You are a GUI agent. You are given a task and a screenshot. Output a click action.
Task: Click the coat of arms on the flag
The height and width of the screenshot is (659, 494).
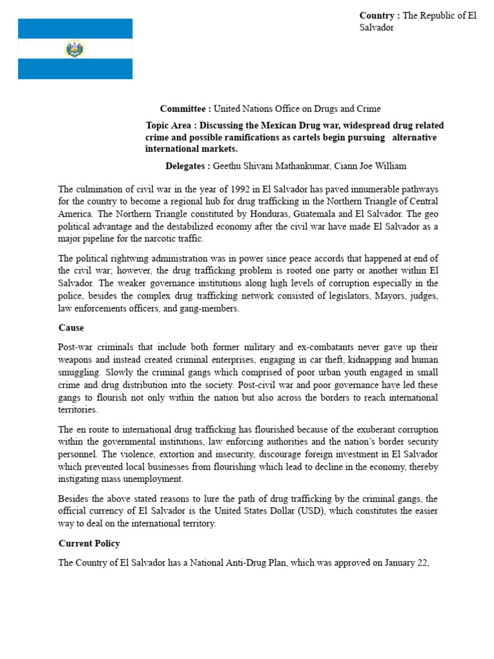pos(75,49)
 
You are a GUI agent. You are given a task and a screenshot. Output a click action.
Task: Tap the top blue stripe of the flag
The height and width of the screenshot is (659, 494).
pos(75,28)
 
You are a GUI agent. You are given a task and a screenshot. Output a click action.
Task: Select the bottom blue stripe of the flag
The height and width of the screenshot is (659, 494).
pos(75,69)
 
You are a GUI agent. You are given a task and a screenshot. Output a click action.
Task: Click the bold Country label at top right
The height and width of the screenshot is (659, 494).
pos(380,16)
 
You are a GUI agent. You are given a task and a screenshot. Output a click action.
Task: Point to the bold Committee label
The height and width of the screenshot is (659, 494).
pos(185,109)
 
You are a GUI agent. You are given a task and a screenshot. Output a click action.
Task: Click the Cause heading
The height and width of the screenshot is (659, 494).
pos(71,328)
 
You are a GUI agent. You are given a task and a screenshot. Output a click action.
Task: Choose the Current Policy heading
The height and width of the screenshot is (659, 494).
pos(89,543)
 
